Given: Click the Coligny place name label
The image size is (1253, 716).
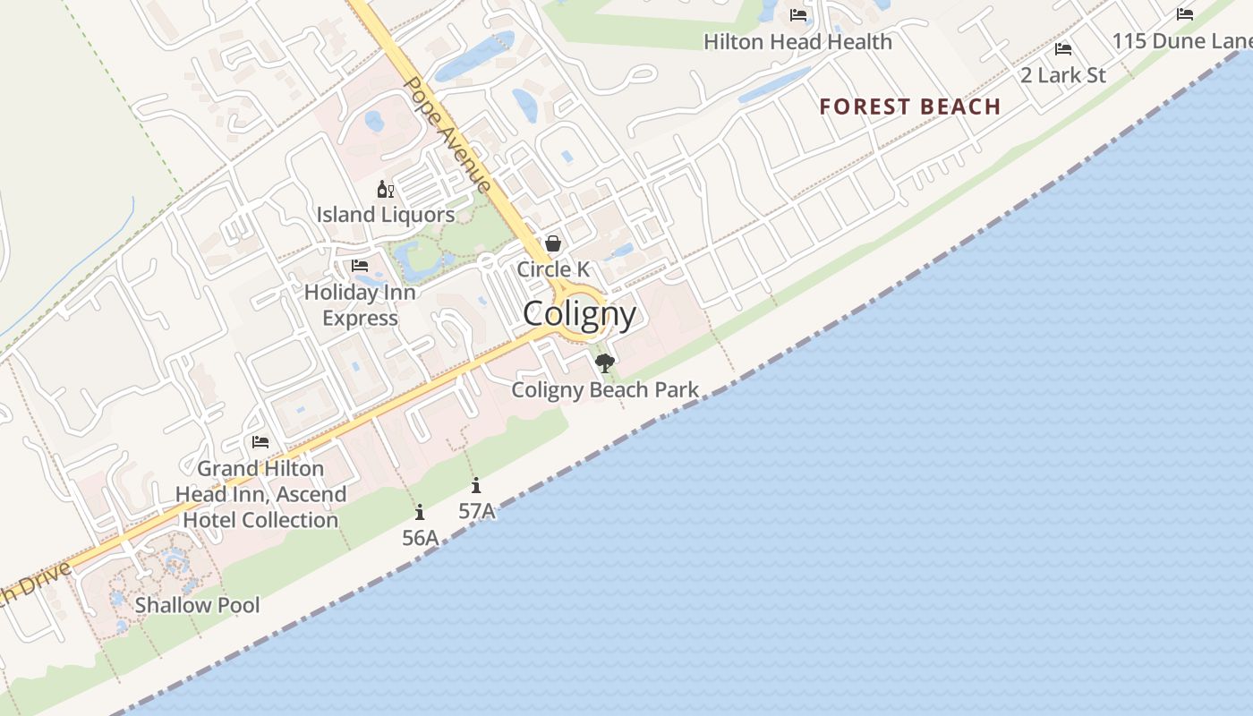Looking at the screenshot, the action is pos(579,314).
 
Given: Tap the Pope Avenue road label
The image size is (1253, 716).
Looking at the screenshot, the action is pos(447,134).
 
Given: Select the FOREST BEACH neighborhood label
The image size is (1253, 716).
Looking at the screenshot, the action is pos(909,107).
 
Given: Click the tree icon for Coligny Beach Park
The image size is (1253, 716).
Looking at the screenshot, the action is pos(605,362).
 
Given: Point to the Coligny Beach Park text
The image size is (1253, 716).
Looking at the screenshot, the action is pos(605,390).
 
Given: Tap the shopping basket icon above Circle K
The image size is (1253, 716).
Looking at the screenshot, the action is pos(553,243).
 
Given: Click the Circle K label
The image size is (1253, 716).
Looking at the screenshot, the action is pos(553,269).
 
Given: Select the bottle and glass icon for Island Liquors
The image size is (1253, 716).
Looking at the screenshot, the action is pos(386,189).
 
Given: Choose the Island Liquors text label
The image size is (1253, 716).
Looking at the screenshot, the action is pos(386,215).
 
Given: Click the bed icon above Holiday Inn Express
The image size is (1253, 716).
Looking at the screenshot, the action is pos(360,266).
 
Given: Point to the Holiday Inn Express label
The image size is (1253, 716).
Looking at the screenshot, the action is pos(360,305).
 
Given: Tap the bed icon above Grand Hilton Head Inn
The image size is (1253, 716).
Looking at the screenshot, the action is pos(260,442).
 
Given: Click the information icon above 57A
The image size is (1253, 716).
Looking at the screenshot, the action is pos(476,486).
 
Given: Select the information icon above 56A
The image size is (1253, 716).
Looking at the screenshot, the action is pos(420,512).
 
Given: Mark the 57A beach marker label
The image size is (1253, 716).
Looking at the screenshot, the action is pos(476,511).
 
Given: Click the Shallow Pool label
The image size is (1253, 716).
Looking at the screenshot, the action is pos(197,605).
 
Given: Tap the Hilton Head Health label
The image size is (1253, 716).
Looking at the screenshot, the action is pos(797,42).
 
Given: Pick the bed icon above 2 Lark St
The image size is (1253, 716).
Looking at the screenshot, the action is pos(1063,49).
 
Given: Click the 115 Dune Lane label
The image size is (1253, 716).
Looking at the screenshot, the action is pos(1181,41).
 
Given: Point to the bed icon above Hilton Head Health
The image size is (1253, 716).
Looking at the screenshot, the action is pos(798,15).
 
